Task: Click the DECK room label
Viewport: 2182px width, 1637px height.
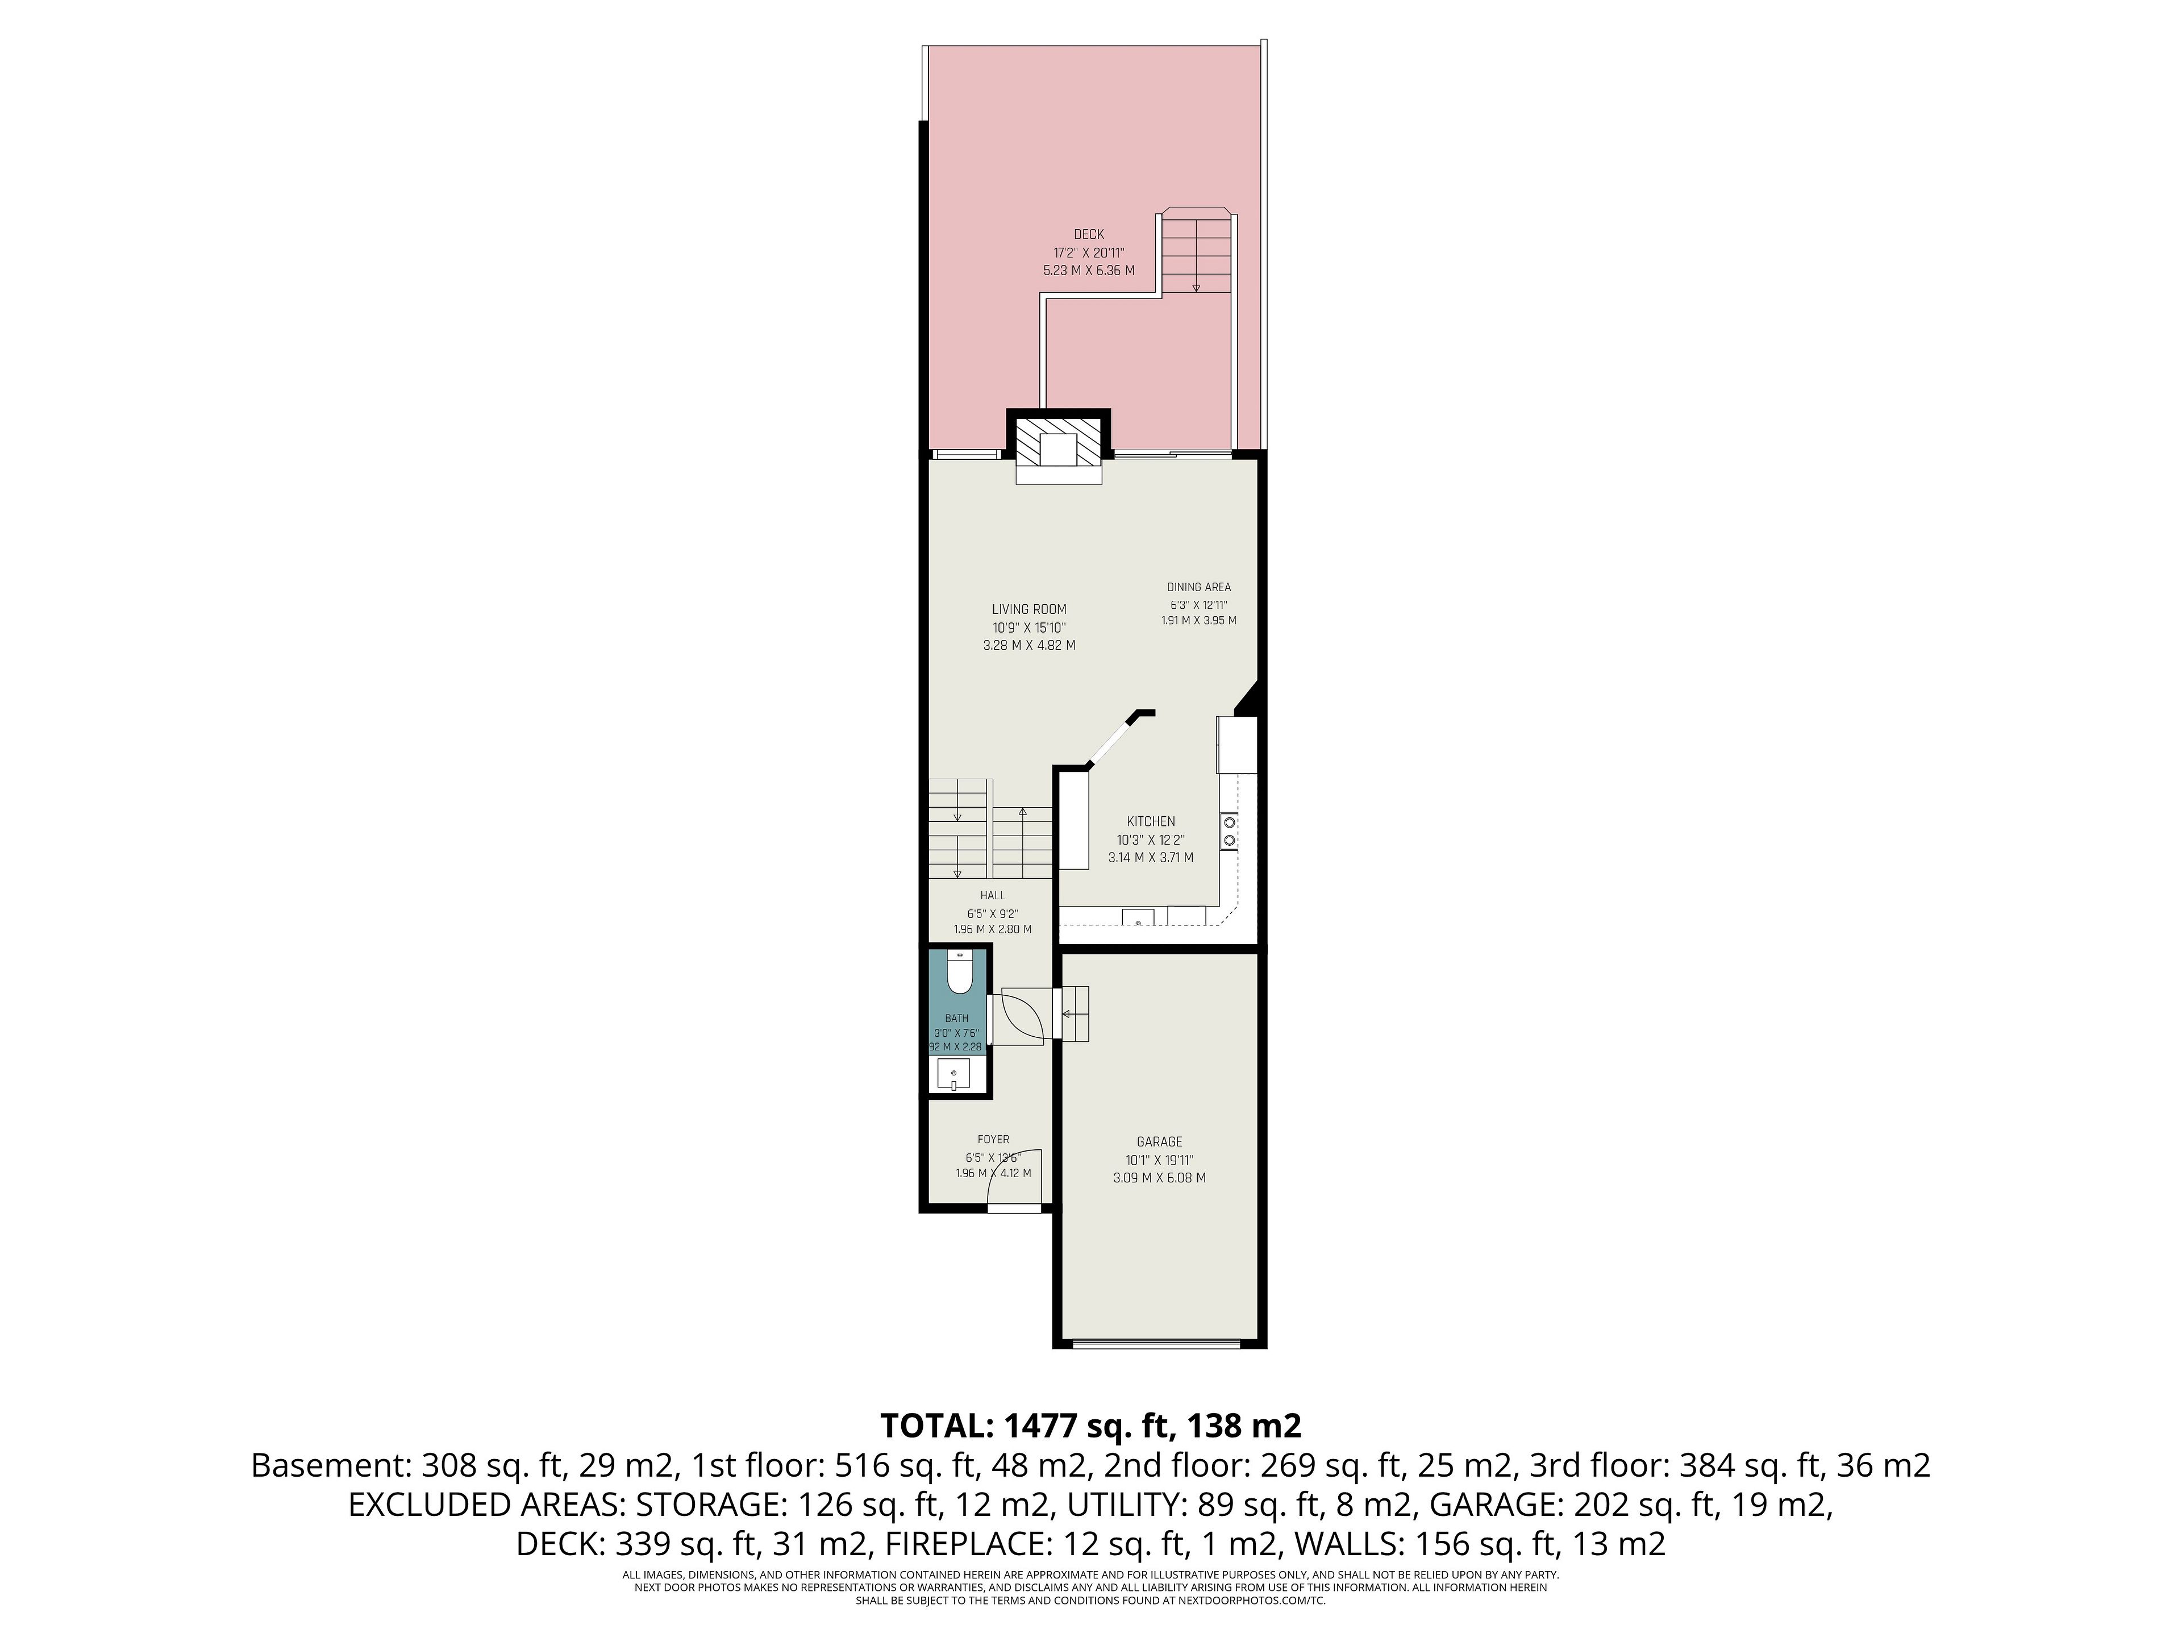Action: [x=1089, y=235]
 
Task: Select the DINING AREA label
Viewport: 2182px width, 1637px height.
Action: [x=1198, y=587]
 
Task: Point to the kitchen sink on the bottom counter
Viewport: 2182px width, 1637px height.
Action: [x=1138, y=917]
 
